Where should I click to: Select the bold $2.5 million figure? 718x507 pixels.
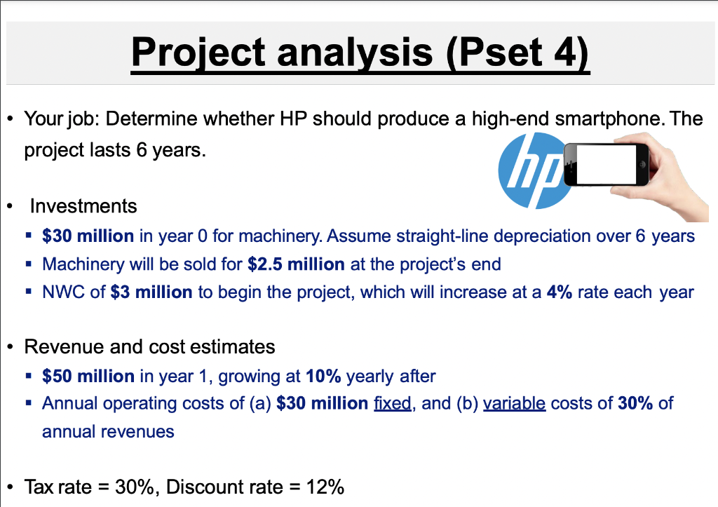pyautogui.click(x=296, y=264)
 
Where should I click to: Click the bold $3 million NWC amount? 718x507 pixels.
pyautogui.click(x=151, y=292)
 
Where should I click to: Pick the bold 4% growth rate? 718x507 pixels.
pyautogui.click(x=560, y=292)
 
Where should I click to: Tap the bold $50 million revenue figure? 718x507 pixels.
pyautogui.click(x=88, y=377)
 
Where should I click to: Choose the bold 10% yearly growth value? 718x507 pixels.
pyautogui.click(x=323, y=377)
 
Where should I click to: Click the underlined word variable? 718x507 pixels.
pyautogui.click(x=514, y=403)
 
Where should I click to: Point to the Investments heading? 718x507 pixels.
pyautogui.click(x=83, y=206)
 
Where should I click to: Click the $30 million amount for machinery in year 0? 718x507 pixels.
pyautogui.click(x=88, y=236)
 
